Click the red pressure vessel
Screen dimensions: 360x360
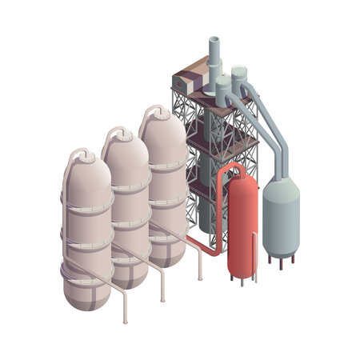[x=242, y=228]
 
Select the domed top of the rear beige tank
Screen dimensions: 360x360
[x=163, y=124]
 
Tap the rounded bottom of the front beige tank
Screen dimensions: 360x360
[x=88, y=296]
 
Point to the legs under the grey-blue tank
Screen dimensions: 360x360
[x=282, y=258]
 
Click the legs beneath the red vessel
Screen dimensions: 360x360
[x=242, y=279]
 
